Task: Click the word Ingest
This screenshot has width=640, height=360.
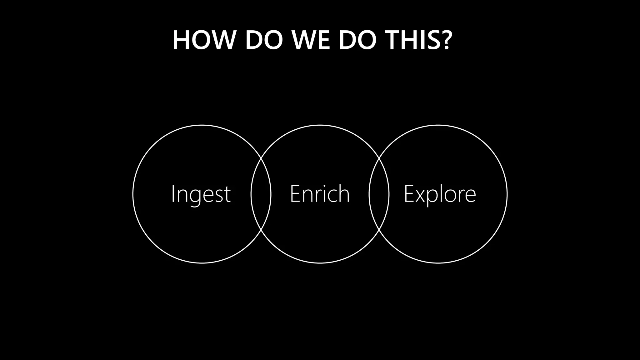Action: point(201,194)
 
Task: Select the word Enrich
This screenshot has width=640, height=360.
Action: point(320,194)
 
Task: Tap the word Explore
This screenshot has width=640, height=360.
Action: point(440,194)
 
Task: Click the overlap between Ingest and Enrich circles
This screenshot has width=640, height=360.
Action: point(261,194)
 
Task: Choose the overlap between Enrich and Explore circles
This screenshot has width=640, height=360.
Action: point(379,194)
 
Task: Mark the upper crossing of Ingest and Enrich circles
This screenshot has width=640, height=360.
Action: point(261,158)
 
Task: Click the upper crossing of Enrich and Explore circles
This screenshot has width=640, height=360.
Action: point(379,158)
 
